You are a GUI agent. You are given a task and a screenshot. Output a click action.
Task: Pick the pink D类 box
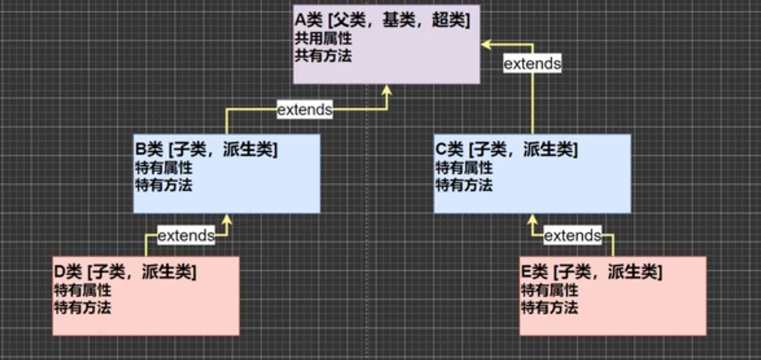tap(146, 319)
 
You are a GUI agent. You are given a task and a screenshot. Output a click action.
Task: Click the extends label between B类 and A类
tap(305, 109)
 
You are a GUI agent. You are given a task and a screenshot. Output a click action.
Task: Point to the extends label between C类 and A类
tap(532, 63)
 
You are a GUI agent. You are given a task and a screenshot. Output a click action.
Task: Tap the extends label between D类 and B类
tap(186, 235)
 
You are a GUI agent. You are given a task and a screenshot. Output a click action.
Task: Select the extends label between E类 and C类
tap(572, 235)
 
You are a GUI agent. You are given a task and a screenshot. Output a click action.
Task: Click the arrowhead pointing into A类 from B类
tap(387, 90)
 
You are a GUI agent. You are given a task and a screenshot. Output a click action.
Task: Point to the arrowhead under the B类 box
tap(227, 219)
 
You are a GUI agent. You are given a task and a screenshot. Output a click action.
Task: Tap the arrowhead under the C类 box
tap(532, 219)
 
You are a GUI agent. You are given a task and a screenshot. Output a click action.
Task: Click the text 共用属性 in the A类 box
tap(323, 40)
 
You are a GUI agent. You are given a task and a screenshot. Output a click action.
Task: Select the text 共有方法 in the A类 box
tap(323, 56)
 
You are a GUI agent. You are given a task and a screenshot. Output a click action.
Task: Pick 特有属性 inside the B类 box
tap(163, 168)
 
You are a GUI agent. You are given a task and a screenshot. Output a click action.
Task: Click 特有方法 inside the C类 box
tap(464, 185)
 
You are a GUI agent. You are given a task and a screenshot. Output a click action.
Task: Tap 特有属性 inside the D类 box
tap(82, 290)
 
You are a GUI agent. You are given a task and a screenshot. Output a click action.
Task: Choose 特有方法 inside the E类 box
tap(549, 307)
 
